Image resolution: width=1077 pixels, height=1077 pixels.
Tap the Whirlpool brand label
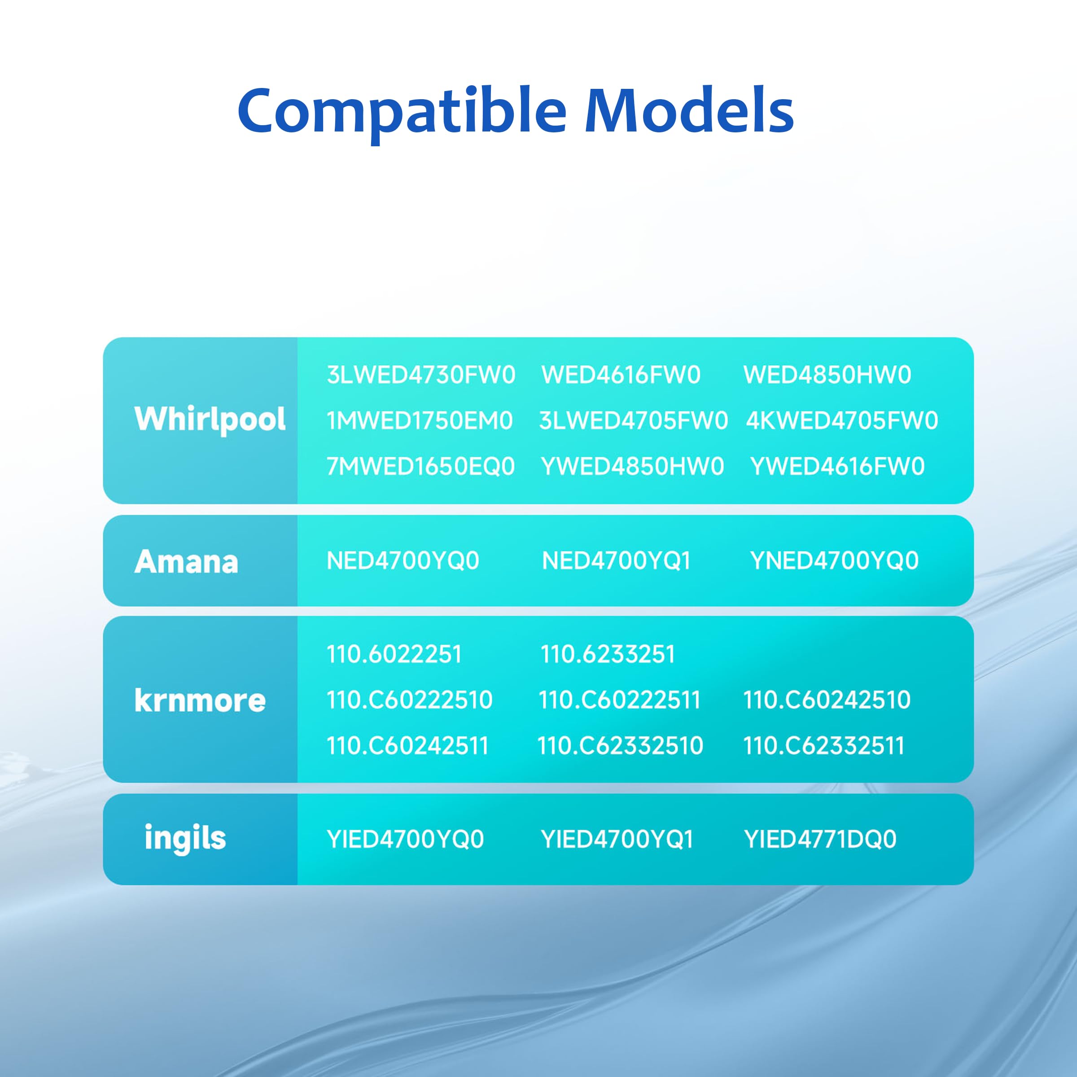(210, 420)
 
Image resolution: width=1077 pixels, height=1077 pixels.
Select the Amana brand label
(186, 561)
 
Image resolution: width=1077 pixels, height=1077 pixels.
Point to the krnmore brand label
(200, 700)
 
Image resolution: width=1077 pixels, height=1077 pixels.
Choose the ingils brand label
(185, 838)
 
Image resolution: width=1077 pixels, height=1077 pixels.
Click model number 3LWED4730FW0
(421, 375)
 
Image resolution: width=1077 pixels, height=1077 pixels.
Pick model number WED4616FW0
(621, 375)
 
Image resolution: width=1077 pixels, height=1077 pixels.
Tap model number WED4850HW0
(827, 375)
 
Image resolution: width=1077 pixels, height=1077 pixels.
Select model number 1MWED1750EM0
(419, 421)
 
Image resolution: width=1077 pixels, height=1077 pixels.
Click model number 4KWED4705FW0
(842, 421)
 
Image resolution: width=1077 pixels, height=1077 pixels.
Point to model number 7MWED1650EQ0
(421, 467)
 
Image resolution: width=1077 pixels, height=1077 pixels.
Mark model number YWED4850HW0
(632, 467)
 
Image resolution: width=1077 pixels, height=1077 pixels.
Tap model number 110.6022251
(394, 654)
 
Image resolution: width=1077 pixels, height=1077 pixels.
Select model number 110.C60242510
(827, 700)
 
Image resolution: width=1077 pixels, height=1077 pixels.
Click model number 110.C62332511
(824, 746)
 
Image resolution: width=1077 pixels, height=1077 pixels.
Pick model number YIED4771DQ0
(820, 840)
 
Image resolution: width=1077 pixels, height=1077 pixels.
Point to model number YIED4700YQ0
(405, 840)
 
